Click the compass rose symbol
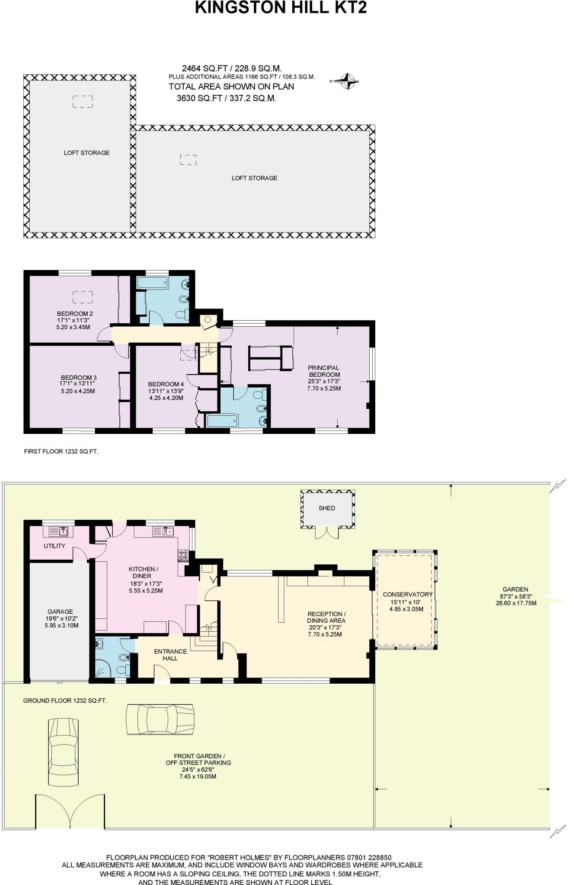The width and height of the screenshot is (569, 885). (x=348, y=81)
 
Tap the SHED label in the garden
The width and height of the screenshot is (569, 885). (x=327, y=508)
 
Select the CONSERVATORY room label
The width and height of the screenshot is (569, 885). (x=407, y=595)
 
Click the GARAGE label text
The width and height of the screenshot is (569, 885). (x=60, y=611)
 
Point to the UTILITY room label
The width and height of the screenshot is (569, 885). (x=54, y=546)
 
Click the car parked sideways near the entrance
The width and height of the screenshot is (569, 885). (x=160, y=719)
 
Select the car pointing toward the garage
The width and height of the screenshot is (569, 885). (x=64, y=752)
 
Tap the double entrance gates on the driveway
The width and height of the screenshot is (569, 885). (x=70, y=812)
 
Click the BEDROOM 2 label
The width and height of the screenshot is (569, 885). (x=75, y=314)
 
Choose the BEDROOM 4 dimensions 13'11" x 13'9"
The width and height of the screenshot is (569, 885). (x=166, y=391)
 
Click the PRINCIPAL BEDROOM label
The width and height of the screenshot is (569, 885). (x=324, y=371)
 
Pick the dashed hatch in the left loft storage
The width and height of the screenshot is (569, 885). (x=82, y=102)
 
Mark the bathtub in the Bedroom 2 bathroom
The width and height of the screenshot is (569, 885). (x=152, y=283)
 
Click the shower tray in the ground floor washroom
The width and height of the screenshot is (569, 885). (x=102, y=669)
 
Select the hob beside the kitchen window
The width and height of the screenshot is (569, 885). (x=183, y=555)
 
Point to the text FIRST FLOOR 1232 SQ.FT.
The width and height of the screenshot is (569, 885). (x=61, y=451)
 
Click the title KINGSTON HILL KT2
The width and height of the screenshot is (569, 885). (x=281, y=8)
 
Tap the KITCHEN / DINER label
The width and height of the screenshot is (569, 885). (x=144, y=573)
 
